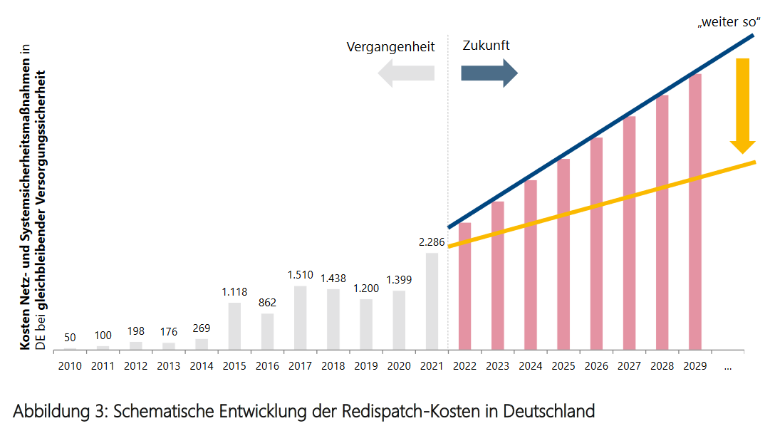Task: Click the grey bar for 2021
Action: pyautogui.click(x=432, y=301)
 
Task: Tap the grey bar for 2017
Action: pyautogui.click(x=300, y=318)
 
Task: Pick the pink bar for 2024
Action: pyautogui.click(x=531, y=265)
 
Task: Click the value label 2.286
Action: pyautogui.click(x=432, y=242)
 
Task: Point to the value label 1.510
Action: pyautogui.click(x=300, y=275)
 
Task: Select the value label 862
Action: pyautogui.click(x=267, y=303)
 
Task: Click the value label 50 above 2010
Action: pyautogui.click(x=69, y=337)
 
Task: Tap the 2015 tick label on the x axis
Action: pyautogui.click(x=234, y=366)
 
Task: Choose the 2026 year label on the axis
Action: pyautogui.click(x=596, y=366)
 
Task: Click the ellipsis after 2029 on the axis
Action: pyautogui.click(x=727, y=366)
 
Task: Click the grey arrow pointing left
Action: pyautogui.click(x=406, y=73)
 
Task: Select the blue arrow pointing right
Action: pyautogui.click(x=489, y=73)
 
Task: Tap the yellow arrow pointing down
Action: pyautogui.click(x=742, y=105)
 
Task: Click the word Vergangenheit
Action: pyautogui.click(x=390, y=47)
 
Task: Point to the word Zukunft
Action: pyautogui.click(x=486, y=46)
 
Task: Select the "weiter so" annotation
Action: pyautogui.click(x=725, y=22)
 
